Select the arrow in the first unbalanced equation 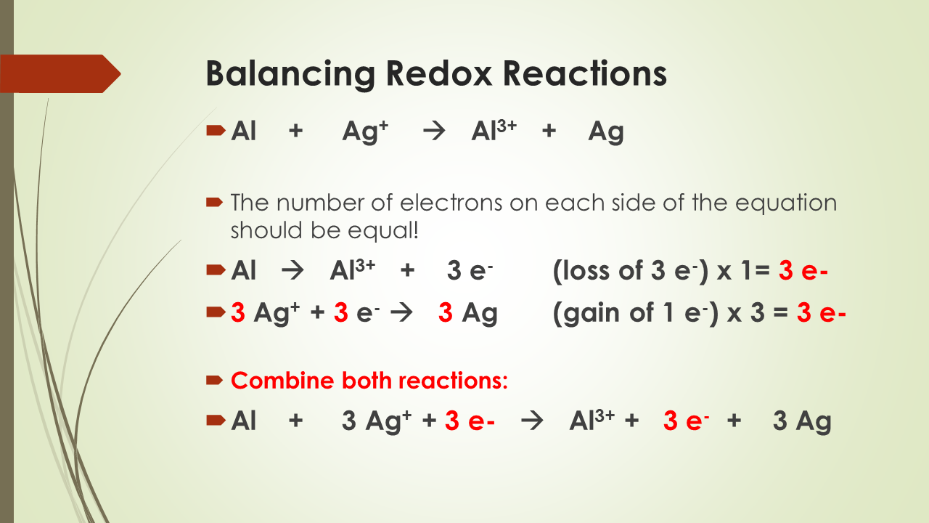tap(433, 133)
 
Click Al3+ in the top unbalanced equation tap(494, 131)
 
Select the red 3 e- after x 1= tap(803, 271)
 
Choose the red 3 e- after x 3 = tap(822, 313)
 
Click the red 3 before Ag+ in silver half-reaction tap(238, 313)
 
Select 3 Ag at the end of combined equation tap(801, 422)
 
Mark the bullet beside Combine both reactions tap(216, 380)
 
